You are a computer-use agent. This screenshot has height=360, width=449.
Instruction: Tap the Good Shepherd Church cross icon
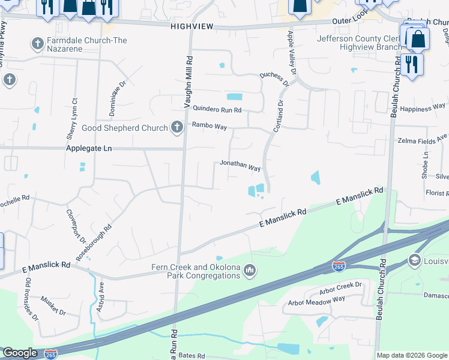click(176, 127)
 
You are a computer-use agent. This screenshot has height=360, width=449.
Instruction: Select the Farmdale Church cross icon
click(37, 44)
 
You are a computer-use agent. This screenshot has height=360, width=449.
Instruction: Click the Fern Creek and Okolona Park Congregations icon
click(250, 272)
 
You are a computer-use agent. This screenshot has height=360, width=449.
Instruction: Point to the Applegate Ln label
click(90, 148)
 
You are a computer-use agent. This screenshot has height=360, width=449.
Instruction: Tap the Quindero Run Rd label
click(217, 110)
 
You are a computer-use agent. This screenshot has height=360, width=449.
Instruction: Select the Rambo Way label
click(209, 126)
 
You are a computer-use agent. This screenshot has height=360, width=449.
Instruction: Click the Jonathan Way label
click(240, 165)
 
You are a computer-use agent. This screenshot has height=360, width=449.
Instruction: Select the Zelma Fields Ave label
click(423, 140)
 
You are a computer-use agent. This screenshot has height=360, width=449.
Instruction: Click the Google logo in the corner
click(20, 353)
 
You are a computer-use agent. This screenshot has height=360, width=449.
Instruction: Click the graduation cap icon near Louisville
click(414, 260)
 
